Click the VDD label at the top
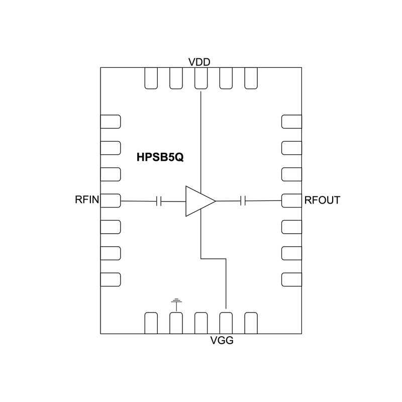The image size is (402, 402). click(199, 62)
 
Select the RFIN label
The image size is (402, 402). click(86, 200)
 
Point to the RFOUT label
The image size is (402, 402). click(322, 200)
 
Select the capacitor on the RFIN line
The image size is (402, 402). click(159, 201)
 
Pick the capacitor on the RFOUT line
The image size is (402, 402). click(243, 201)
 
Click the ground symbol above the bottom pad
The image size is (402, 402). click(176, 303)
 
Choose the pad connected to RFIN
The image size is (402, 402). click(111, 201)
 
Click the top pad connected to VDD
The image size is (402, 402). click(201, 78)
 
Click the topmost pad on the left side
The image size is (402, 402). click(111, 122)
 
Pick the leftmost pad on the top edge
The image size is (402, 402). click(151, 78)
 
